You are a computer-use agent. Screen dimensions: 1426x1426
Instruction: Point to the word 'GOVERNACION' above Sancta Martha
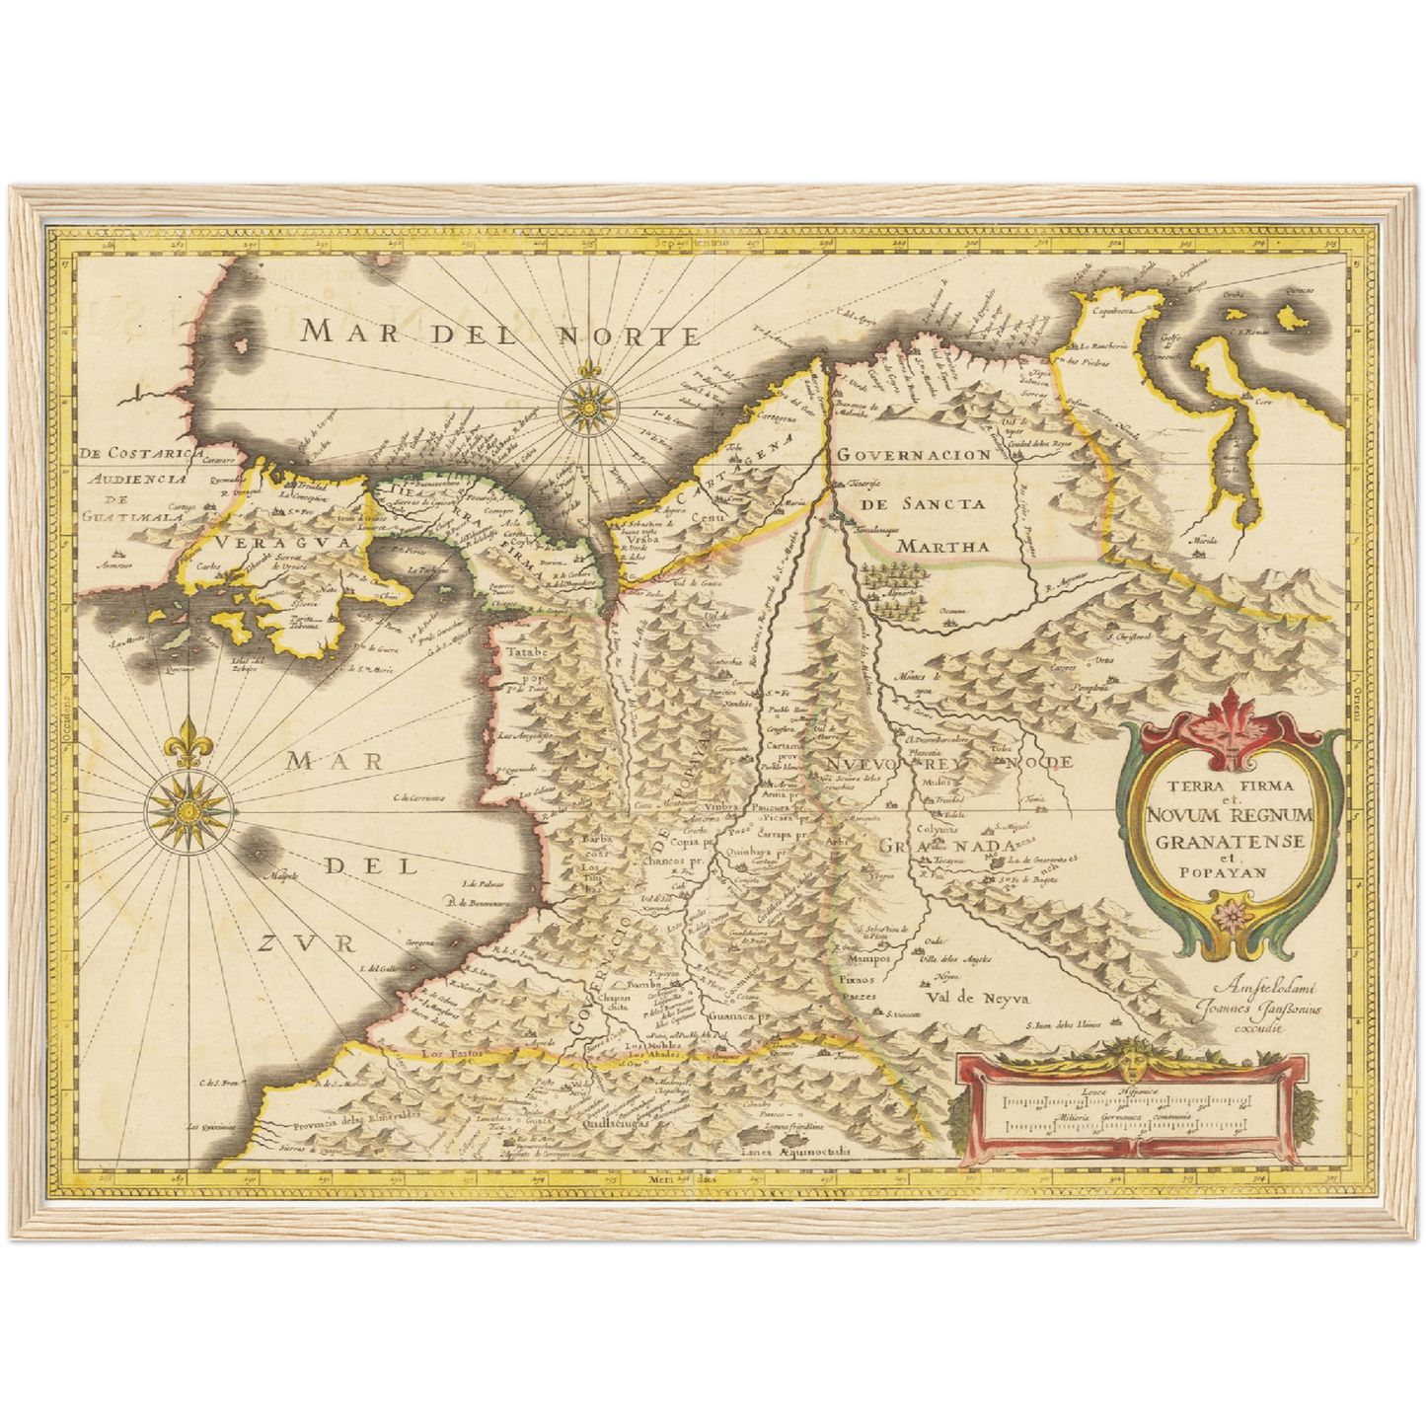point(914,455)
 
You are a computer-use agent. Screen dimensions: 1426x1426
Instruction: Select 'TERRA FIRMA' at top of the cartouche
point(1230,787)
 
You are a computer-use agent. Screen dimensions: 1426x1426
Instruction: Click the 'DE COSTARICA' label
point(132,453)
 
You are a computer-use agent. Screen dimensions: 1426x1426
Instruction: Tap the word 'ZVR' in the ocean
point(305,943)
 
